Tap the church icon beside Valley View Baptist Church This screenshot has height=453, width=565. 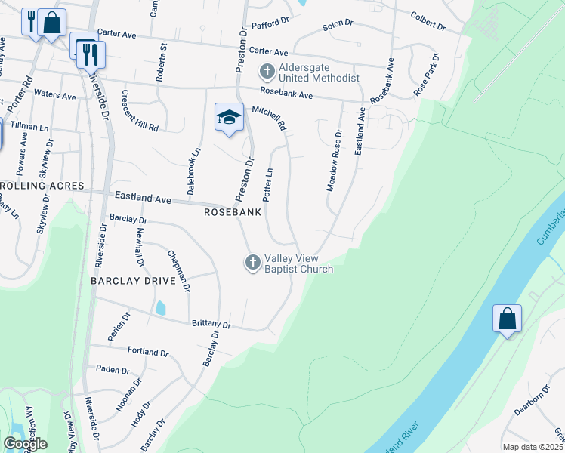(252, 262)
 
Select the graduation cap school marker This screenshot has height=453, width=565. (230, 117)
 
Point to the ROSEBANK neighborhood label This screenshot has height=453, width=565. (233, 213)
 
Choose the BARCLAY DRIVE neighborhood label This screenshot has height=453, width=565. (133, 280)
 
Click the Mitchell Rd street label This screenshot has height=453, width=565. (270, 116)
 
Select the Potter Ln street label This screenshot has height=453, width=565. (267, 183)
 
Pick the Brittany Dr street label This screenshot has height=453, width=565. (211, 324)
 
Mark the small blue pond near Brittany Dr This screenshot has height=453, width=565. (160, 308)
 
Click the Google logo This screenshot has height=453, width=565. (25, 444)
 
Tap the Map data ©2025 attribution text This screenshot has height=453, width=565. (533, 447)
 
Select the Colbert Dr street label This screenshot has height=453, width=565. (428, 20)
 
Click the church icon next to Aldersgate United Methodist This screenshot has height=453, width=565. (266, 73)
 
